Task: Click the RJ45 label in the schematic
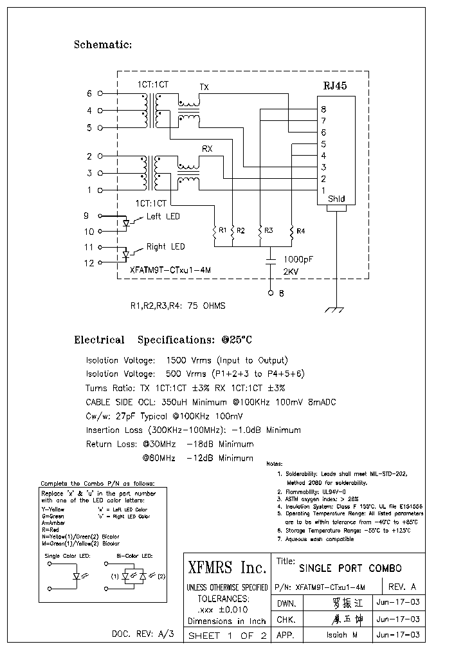click(x=334, y=85)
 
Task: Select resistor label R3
click(x=268, y=230)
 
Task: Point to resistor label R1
click(x=222, y=230)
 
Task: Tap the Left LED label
click(x=163, y=217)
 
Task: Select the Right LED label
click(x=165, y=246)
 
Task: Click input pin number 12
click(x=89, y=262)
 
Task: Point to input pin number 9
click(x=86, y=215)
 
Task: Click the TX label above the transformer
click(x=204, y=87)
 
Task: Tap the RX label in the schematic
click(x=207, y=149)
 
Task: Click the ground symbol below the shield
click(x=334, y=309)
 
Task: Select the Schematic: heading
click(x=103, y=44)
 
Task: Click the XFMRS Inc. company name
click(x=226, y=568)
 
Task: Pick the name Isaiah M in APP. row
click(x=338, y=634)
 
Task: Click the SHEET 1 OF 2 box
click(x=226, y=636)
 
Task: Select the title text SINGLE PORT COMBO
click(x=350, y=569)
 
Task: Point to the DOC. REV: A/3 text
click(x=143, y=634)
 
